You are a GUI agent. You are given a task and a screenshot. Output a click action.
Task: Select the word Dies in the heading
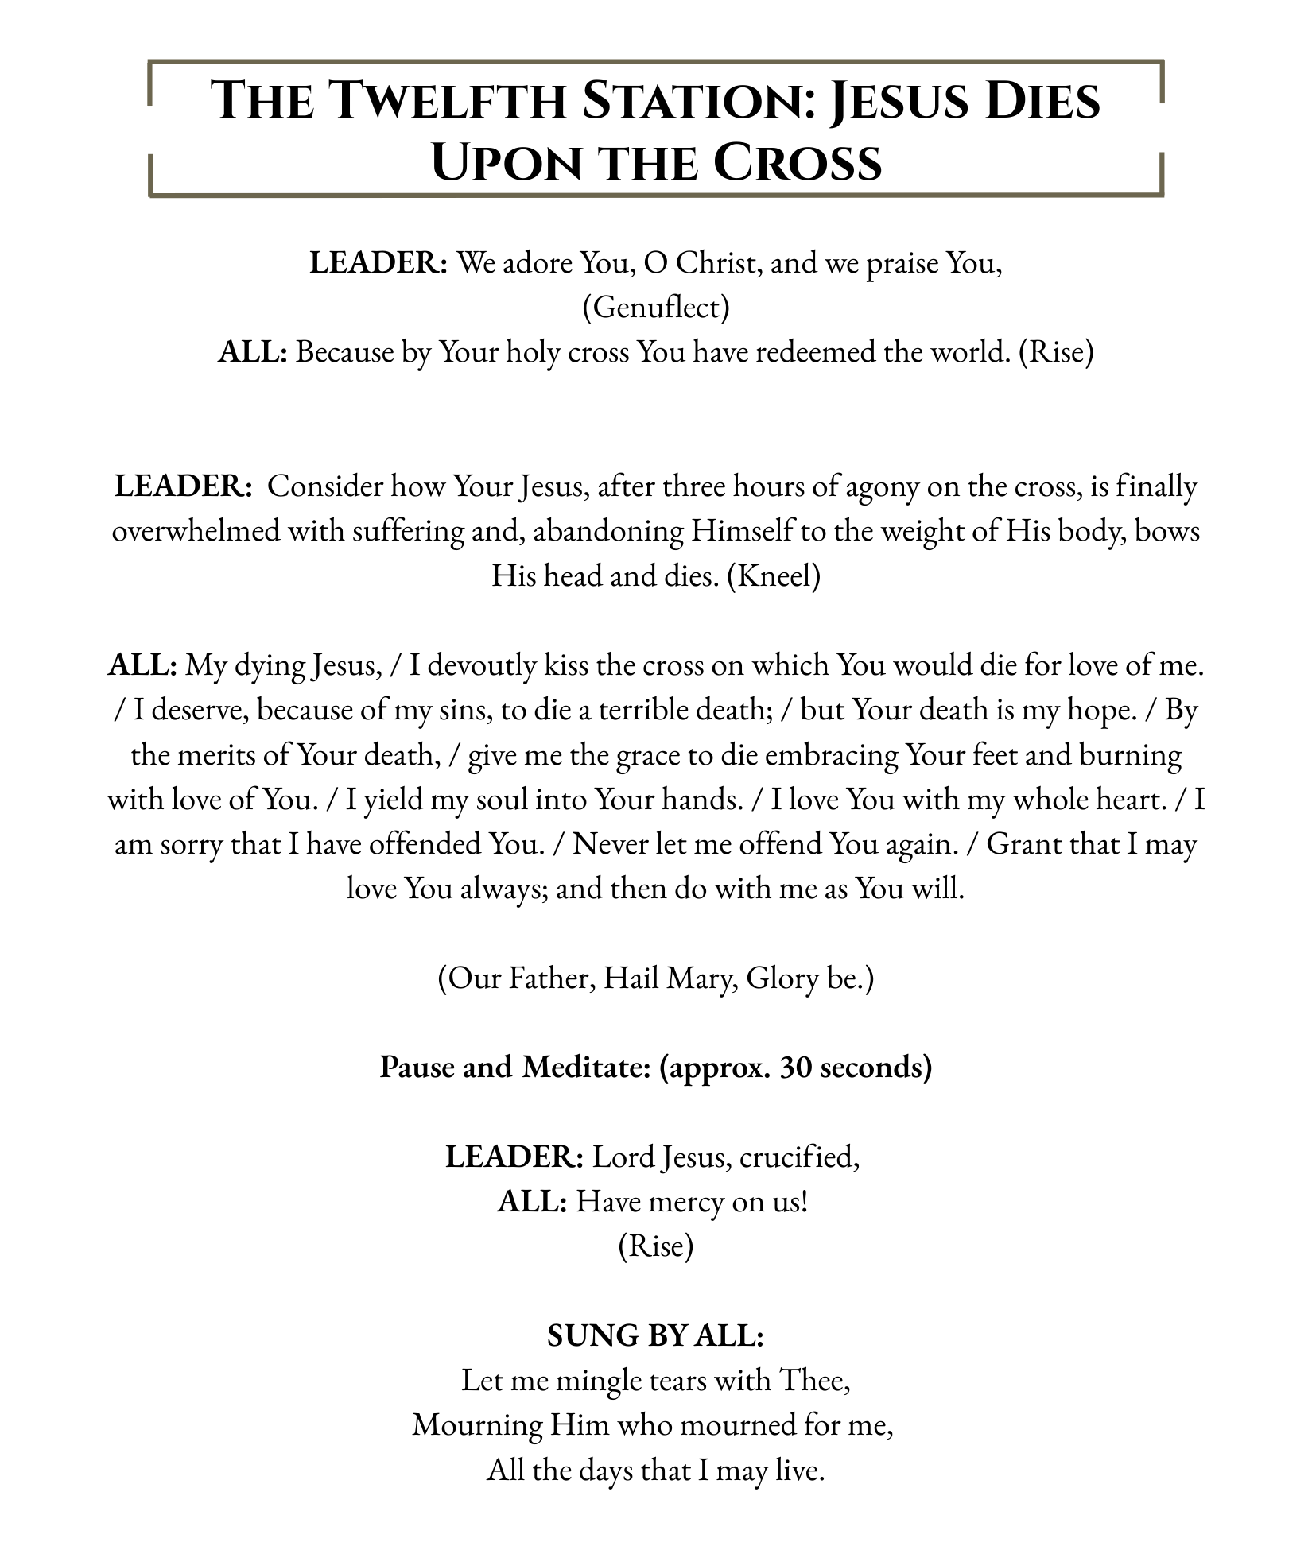1038,101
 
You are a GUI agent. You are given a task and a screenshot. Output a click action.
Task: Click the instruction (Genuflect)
656,307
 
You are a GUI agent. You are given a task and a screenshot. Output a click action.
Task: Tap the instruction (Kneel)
774,575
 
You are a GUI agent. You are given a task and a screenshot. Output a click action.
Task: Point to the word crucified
799,1157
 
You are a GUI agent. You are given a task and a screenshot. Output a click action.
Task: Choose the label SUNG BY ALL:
656,1335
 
